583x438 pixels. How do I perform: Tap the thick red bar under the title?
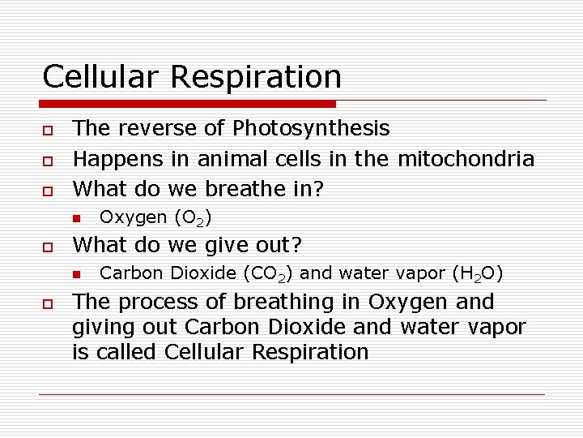click(x=188, y=104)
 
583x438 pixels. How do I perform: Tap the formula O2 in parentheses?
click(x=197, y=218)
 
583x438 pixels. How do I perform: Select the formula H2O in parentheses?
click(x=480, y=274)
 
